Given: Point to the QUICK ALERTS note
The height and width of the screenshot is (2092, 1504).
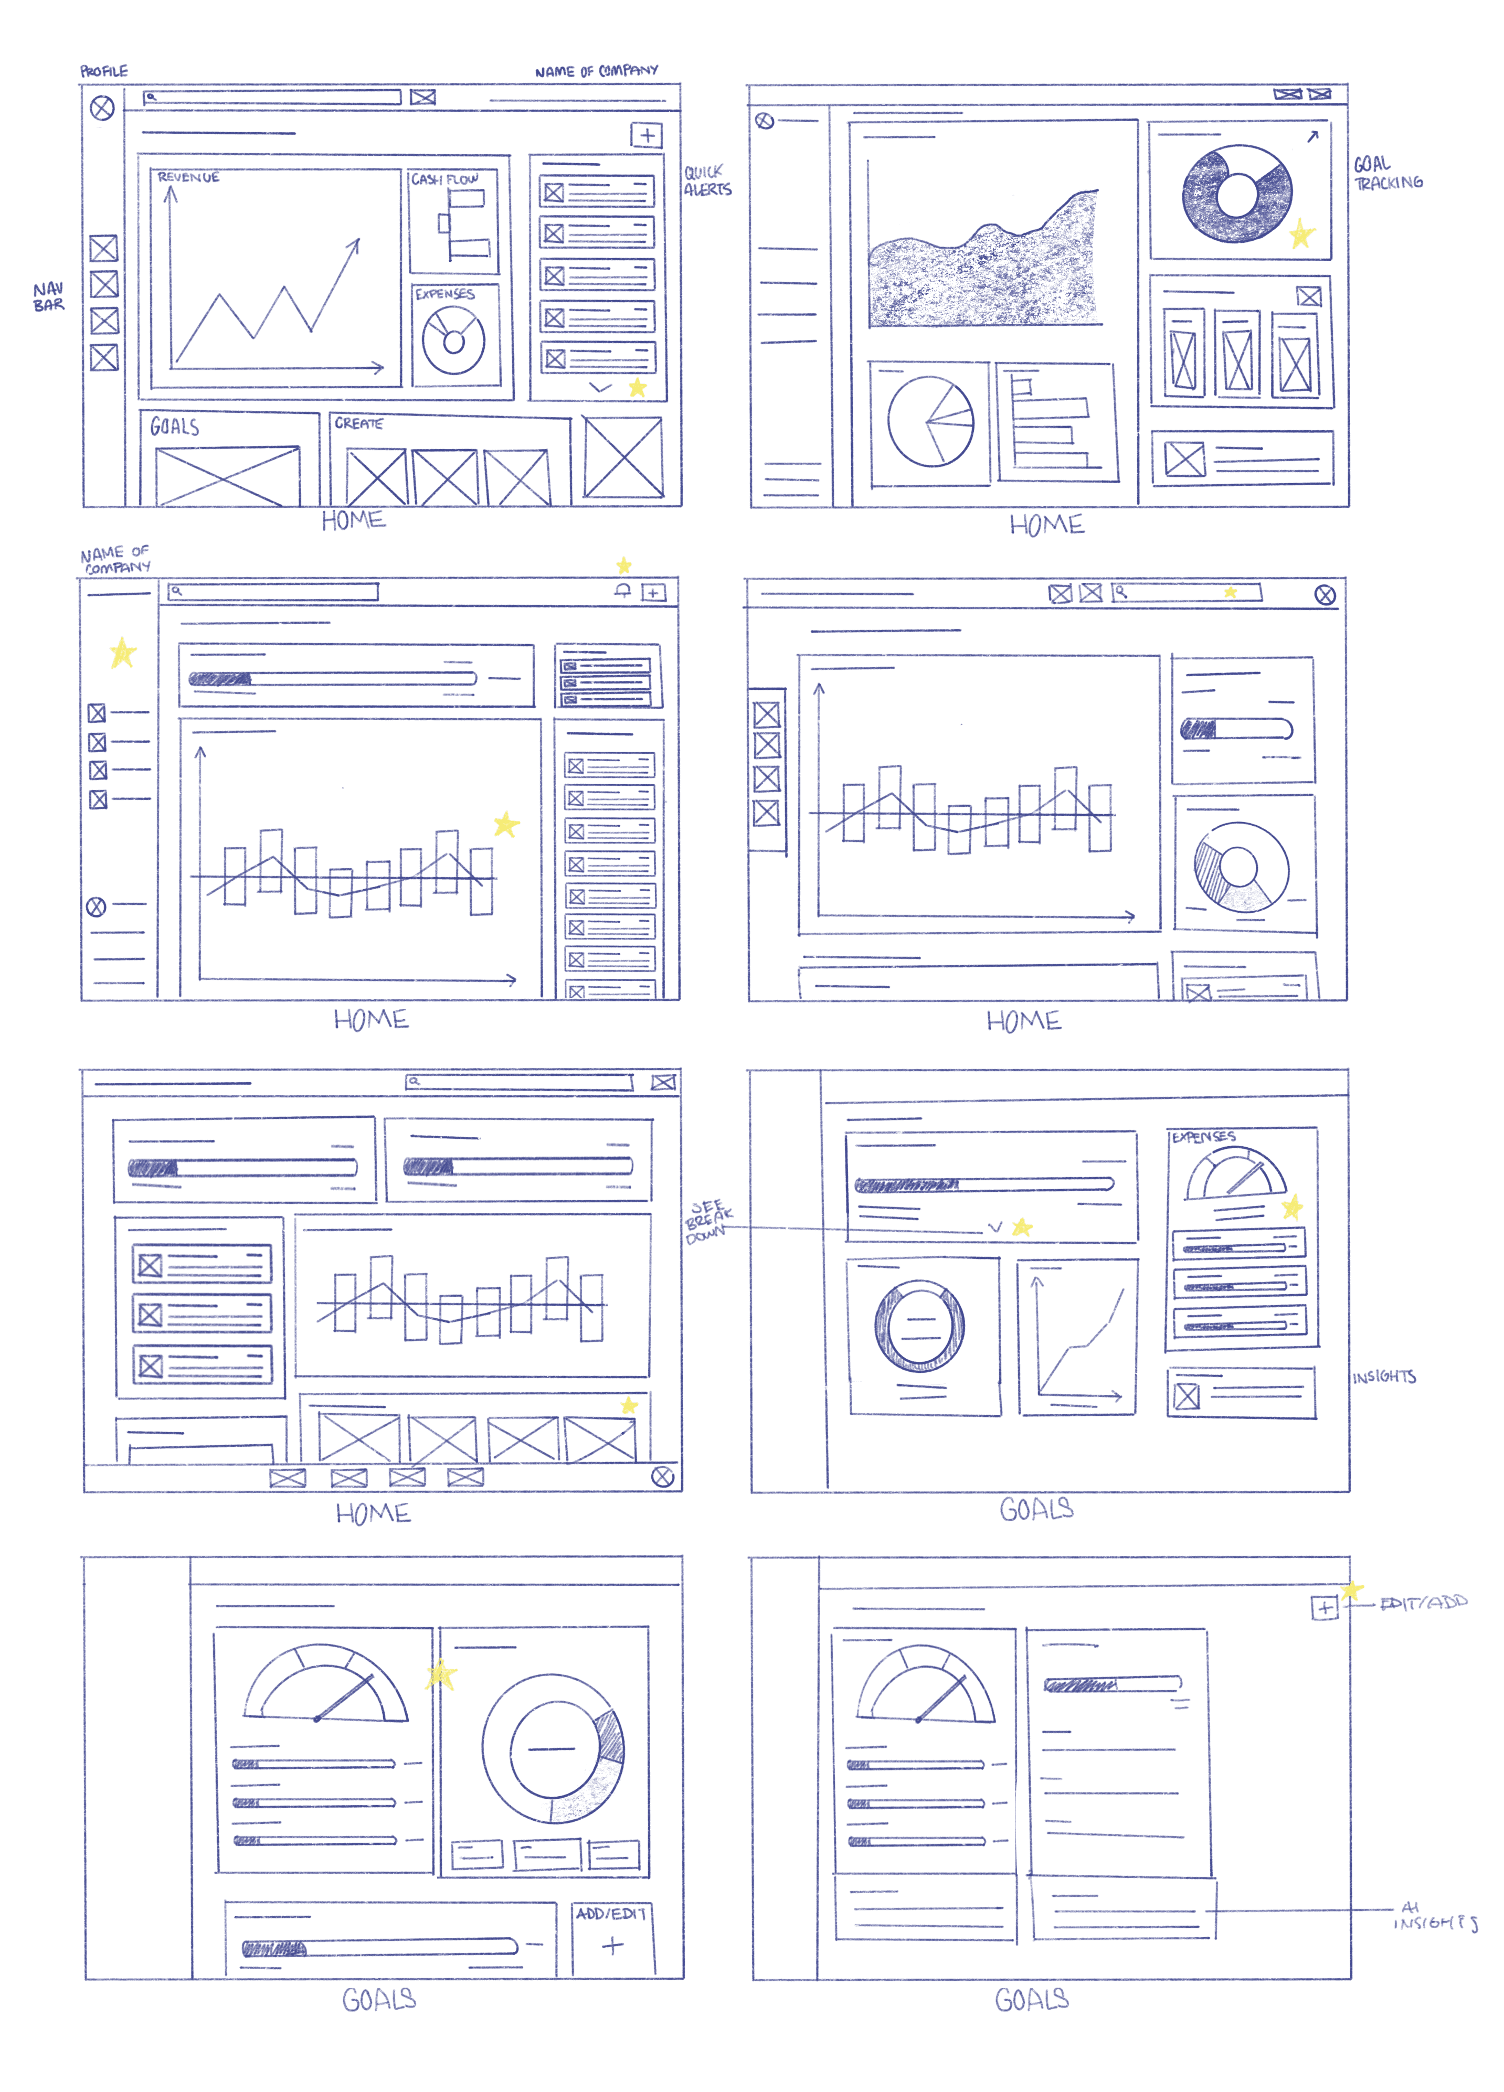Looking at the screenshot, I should coord(708,181).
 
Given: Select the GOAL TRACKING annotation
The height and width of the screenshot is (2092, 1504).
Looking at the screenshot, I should coord(1387,174).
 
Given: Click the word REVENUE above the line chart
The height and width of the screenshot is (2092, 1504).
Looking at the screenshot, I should coord(188,176).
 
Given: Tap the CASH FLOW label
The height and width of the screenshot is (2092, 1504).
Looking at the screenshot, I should coord(444,179).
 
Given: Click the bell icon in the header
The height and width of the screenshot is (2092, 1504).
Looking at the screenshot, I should coord(623,590).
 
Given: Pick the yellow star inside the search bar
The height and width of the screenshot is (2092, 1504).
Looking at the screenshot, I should coord(1230,592).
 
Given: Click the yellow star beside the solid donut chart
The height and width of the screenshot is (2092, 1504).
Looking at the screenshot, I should coord(1301,234).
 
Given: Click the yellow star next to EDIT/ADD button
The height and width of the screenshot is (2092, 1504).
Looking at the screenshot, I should coord(1351,1590).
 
